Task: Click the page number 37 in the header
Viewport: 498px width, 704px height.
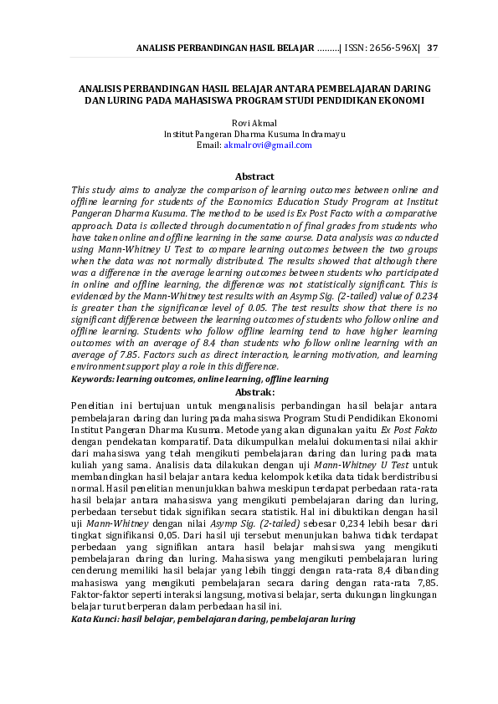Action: click(x=432, y=47)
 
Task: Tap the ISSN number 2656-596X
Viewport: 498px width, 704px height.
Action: click(x=392, y=47)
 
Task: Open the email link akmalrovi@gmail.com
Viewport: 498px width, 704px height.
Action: click(x=268, y=145)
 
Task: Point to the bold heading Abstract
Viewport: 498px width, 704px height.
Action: click(x=254, y=176)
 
